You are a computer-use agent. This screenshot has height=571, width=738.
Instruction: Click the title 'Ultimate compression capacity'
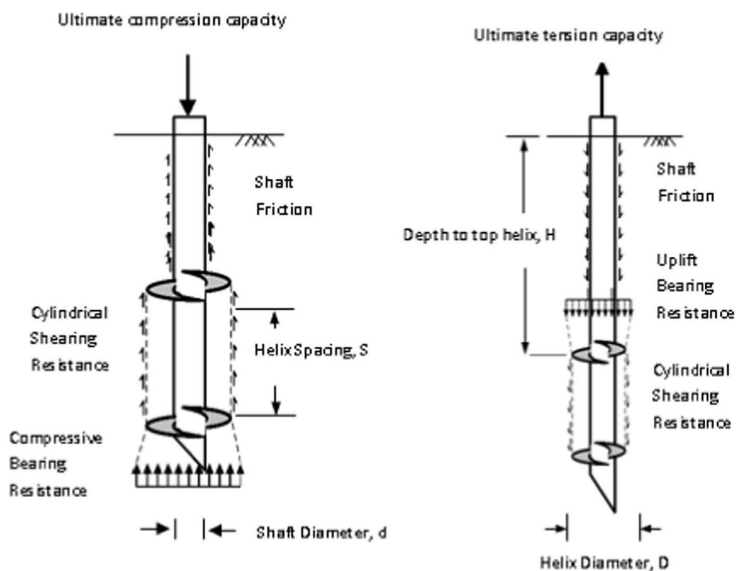pyautogui.click(x=172, y=20)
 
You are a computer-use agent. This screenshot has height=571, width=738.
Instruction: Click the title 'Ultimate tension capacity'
pyautogui.click(x=568, y=35)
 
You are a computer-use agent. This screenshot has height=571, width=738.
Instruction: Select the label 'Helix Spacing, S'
pyautogui.click(x=311, y=350)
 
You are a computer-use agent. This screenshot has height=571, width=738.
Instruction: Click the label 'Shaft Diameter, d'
pyautogui.click(x=321, y=533)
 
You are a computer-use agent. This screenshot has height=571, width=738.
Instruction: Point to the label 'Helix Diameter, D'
pyautogui.click(x=604, y=562)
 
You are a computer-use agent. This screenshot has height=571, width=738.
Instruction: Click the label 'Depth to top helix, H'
pyautogui.click(x=479, y=235)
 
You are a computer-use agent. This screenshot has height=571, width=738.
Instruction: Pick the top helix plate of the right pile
pyautogui.click(x=599, y=352)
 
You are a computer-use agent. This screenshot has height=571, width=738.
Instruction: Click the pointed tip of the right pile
pyautogui.click(x=615, y=510)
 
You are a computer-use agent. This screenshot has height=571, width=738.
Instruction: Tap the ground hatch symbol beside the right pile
pyautogui.click(x=661, y=141)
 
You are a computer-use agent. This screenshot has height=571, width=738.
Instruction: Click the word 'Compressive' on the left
pyautogui.click(x=56, y=438)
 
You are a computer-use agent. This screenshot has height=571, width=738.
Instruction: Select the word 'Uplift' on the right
pyautogui.click(x=676, y=260)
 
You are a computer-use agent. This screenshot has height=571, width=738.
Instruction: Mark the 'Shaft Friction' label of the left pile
pyautogui.click(x=283, y=196)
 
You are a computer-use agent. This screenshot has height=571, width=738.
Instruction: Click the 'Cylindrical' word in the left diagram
pyautogui.click(x=69, y=313)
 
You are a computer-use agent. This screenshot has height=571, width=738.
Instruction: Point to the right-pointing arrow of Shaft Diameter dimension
pyautogui.click(x=156, y=529)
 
